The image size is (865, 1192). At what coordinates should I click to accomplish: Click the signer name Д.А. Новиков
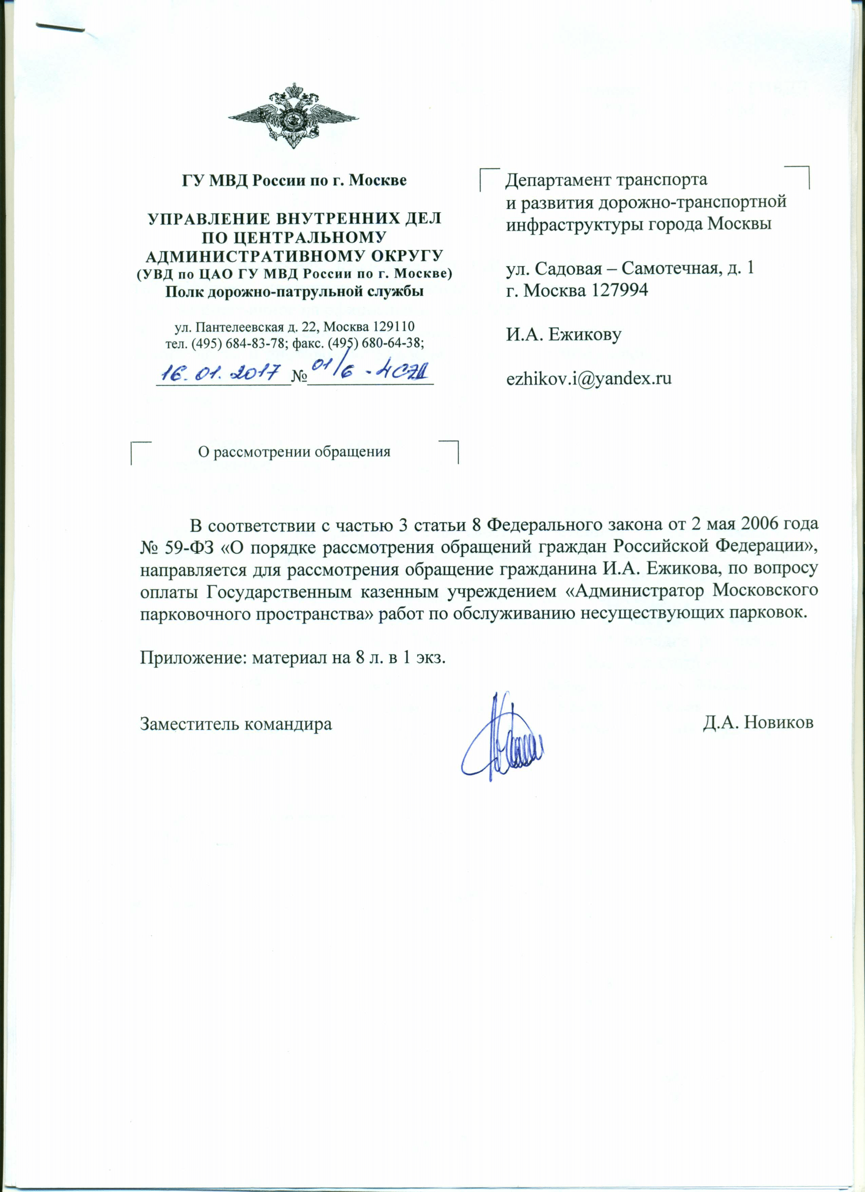(x=758, y=723)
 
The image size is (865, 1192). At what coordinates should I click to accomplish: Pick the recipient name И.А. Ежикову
(x=564, y=334)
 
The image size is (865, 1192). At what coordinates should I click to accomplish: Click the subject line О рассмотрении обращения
(x=294, y=451)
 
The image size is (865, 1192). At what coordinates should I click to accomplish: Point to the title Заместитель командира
(x=236, y=724)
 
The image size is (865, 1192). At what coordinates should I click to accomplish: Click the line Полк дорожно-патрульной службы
(x=294, y=291)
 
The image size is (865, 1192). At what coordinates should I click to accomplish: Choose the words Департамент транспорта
(x=607, y=180)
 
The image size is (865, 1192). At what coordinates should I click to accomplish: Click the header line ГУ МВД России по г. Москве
(x=294, y=180)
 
